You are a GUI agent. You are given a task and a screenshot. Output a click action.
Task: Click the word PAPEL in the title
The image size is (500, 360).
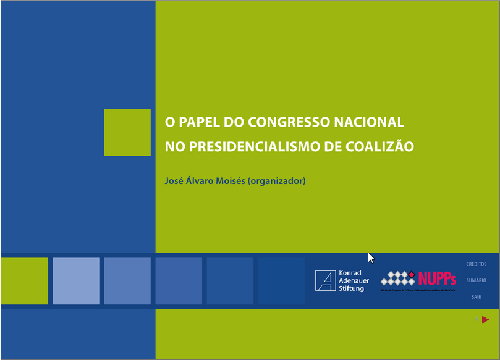click(197, 122)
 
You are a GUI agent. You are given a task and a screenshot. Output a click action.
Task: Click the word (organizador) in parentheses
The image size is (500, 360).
click(277, 181)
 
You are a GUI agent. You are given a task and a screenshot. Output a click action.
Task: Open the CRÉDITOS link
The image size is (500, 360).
click(476, 264)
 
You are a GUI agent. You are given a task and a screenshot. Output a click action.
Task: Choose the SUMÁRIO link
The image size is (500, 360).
click(476, 280)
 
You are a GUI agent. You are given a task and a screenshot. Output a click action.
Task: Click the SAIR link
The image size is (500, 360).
click(476, 297)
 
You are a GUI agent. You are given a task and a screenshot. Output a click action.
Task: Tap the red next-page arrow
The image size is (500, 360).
click(485, 319)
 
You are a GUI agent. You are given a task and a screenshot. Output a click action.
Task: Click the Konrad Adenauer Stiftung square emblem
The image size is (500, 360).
click(325, 280)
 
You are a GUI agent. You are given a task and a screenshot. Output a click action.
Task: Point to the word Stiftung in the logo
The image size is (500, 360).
click(352, 288)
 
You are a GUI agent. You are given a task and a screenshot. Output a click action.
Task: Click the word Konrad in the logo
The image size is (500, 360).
click(350, 272)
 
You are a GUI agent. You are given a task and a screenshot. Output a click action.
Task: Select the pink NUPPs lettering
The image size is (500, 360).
click(437, 278)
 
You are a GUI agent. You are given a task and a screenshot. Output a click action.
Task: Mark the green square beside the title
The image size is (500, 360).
click(127, 132)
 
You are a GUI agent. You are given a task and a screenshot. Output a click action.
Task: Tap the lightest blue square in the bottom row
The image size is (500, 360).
click(76, 281)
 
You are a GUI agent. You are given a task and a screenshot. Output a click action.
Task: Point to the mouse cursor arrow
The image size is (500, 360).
click(371, 257)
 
